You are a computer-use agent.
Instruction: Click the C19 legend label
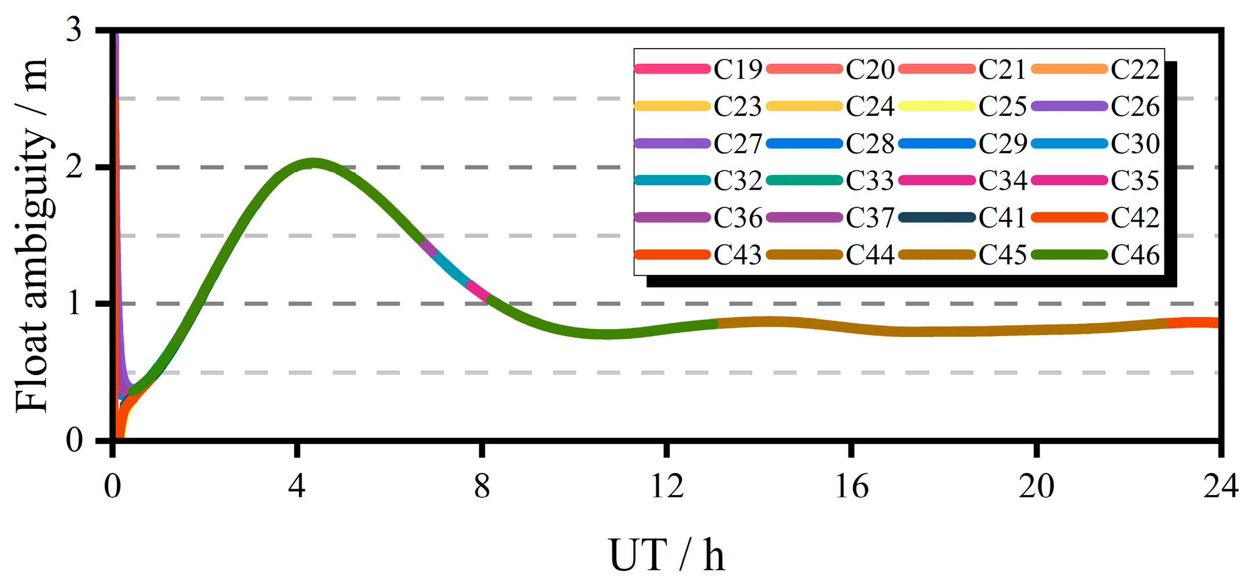(738, 69)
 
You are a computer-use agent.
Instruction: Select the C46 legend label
(1135, 255)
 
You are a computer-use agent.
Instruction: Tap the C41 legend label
(1002, 218)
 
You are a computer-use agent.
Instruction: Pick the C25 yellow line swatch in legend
(937, 106)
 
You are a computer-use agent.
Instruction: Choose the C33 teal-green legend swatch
(804, 181)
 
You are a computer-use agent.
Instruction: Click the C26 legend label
(1135, 107)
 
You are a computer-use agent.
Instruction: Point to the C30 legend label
(1135, 144)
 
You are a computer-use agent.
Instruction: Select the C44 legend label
(870, 255)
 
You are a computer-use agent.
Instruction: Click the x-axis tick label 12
(667, 486)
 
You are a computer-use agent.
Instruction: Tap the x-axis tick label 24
(1221, 486)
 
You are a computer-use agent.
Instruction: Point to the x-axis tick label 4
(297, 486)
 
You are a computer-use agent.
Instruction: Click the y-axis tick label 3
(74, 29)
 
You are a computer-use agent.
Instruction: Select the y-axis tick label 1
(74, 303)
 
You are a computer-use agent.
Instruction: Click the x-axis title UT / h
(667, 555)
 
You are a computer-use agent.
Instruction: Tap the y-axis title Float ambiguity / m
(32, 234)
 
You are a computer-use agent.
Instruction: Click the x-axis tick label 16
(851, 486)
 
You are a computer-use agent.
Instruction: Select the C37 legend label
(870, 218)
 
